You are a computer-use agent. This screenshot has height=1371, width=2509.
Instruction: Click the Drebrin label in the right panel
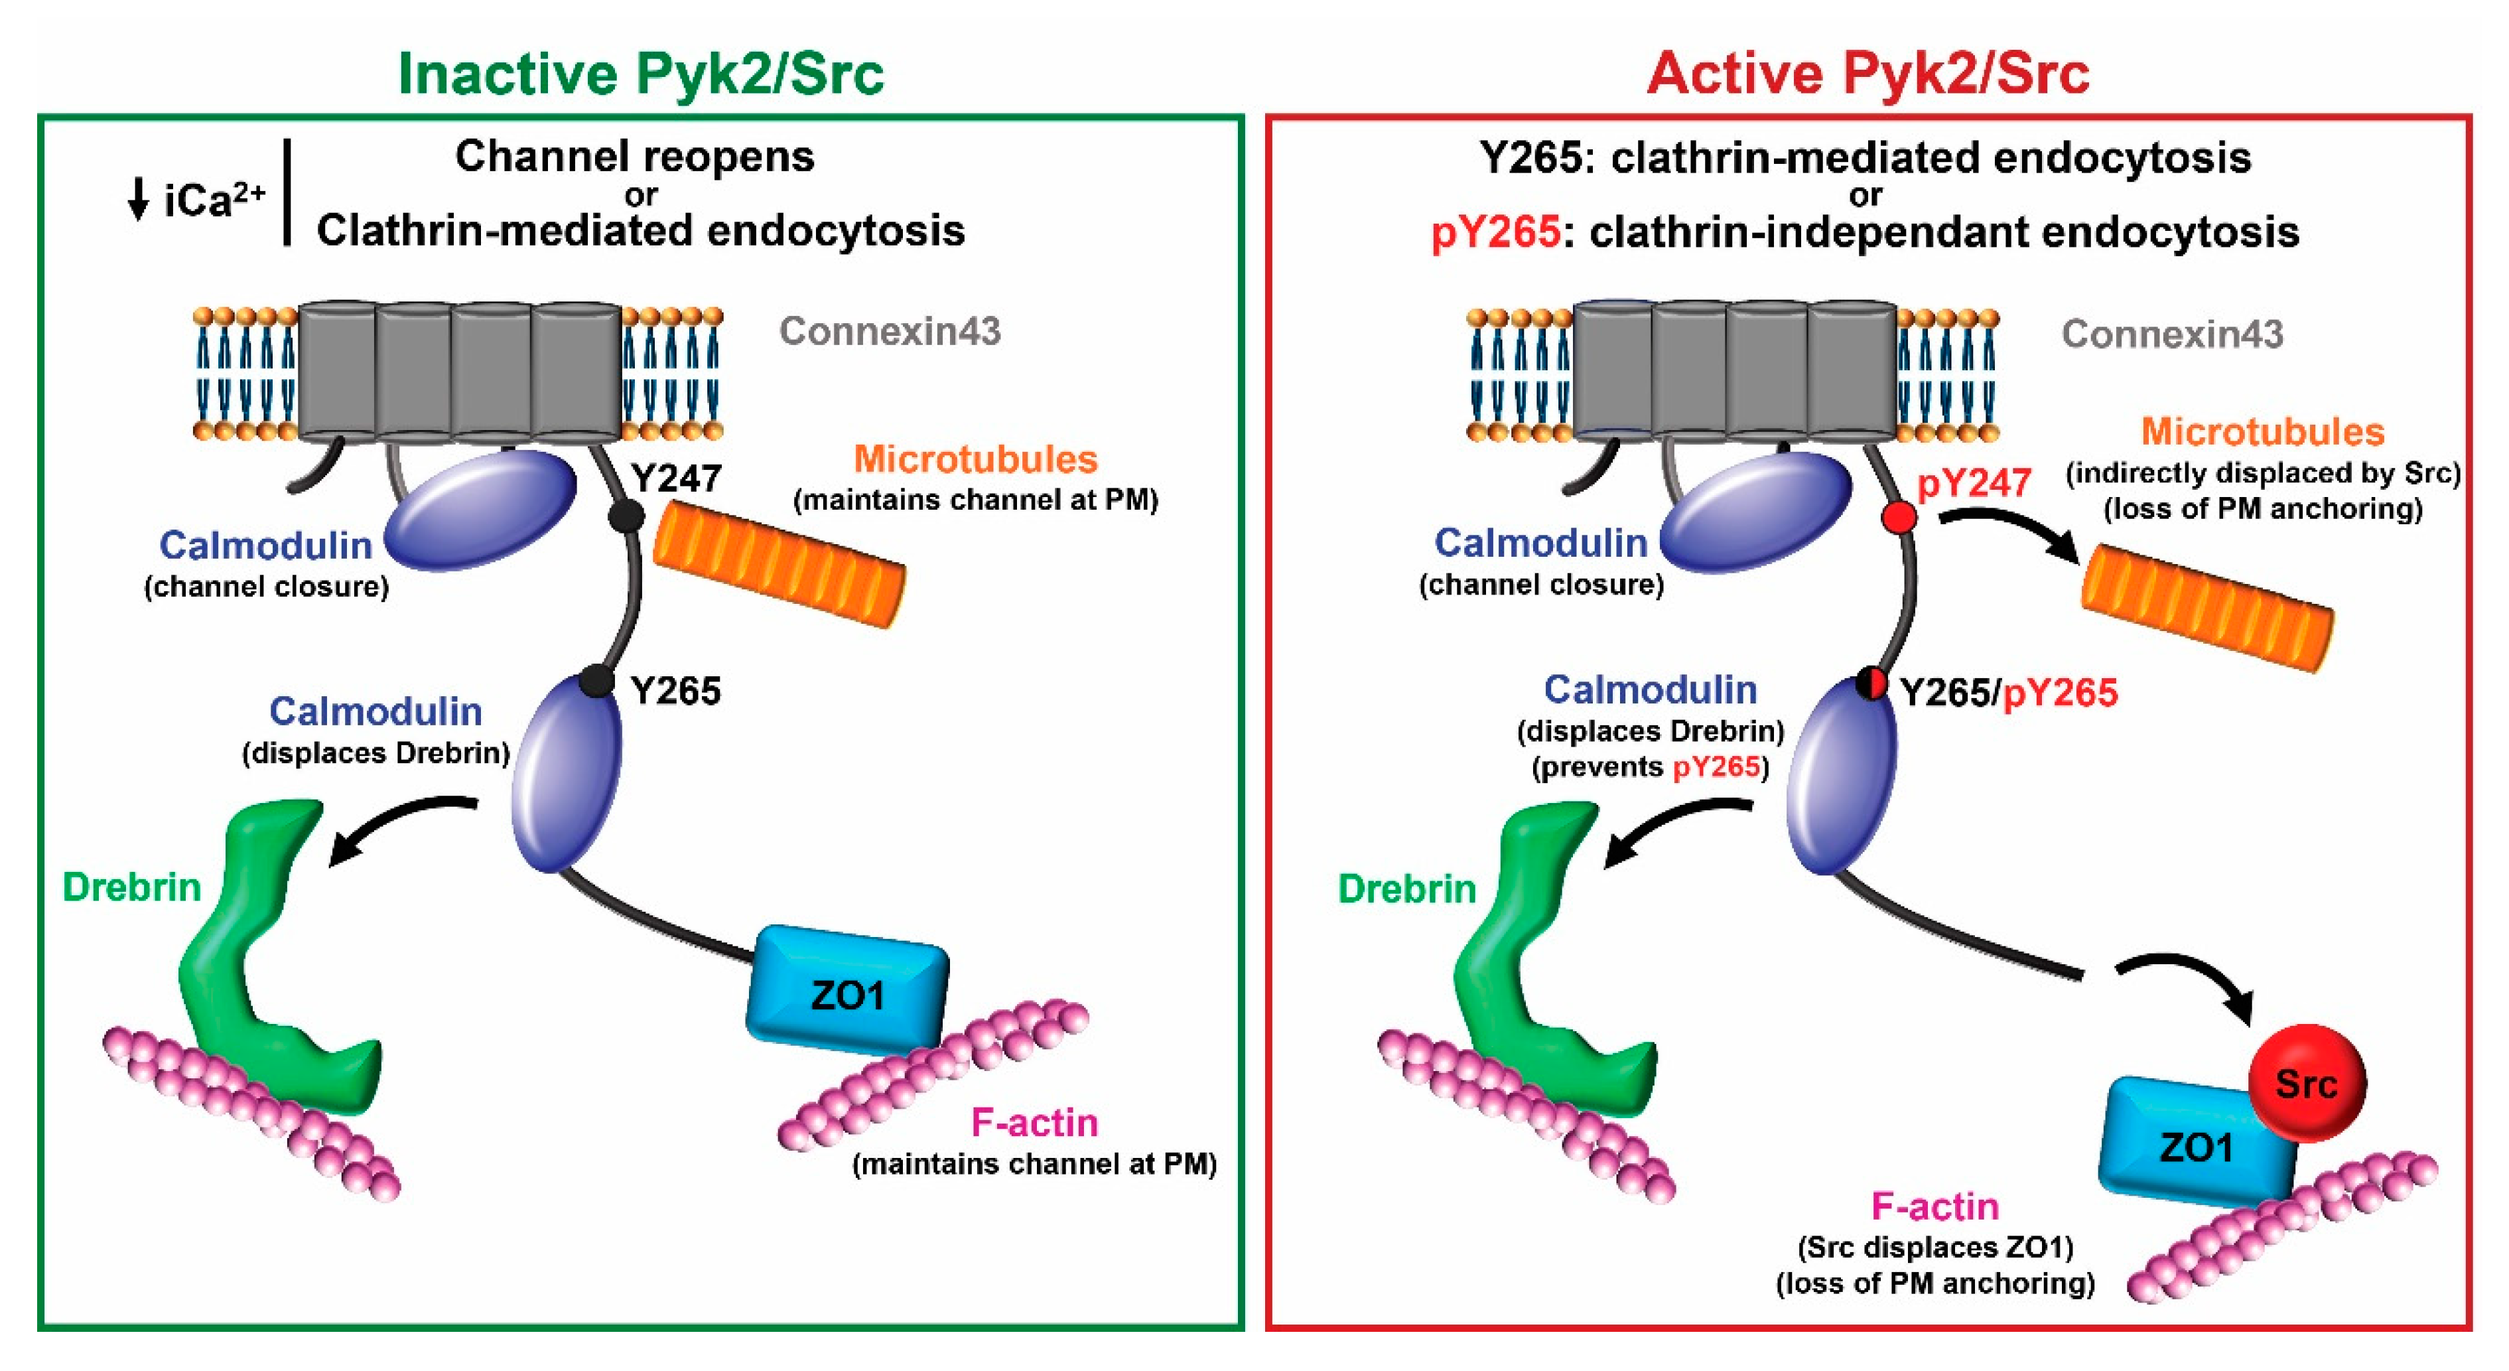tap(1406, 889)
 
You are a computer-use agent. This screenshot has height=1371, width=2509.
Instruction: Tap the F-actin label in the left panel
tap(1034, 1123)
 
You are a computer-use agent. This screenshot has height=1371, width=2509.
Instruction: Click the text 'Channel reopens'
tap(634, 157)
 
